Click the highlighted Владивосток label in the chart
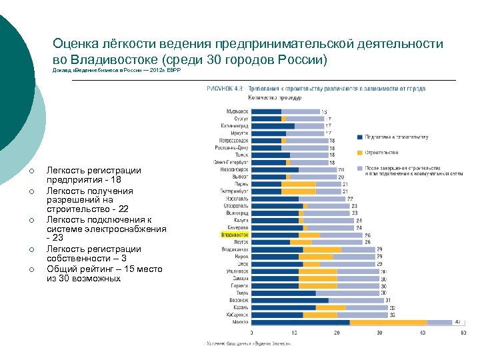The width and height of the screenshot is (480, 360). (234, 235)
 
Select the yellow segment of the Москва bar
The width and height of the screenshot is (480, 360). (388, 322)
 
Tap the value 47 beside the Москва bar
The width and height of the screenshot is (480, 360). (458, 322)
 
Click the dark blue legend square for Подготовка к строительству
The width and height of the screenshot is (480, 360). (360, 137)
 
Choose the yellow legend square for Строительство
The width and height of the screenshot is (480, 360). (360, 152)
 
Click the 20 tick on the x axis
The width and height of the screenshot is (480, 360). (337, 332)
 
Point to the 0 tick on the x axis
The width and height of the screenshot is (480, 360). (252, 332)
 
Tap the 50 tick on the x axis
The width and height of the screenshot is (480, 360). (463, 332)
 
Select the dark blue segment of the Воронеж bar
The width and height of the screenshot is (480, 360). (290, 300)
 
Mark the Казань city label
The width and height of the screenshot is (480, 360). (239, 307)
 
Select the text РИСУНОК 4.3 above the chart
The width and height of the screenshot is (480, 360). (225, 88)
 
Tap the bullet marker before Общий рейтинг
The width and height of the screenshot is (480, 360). (32, 269)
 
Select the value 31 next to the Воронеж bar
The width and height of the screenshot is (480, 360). (389, 300)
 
